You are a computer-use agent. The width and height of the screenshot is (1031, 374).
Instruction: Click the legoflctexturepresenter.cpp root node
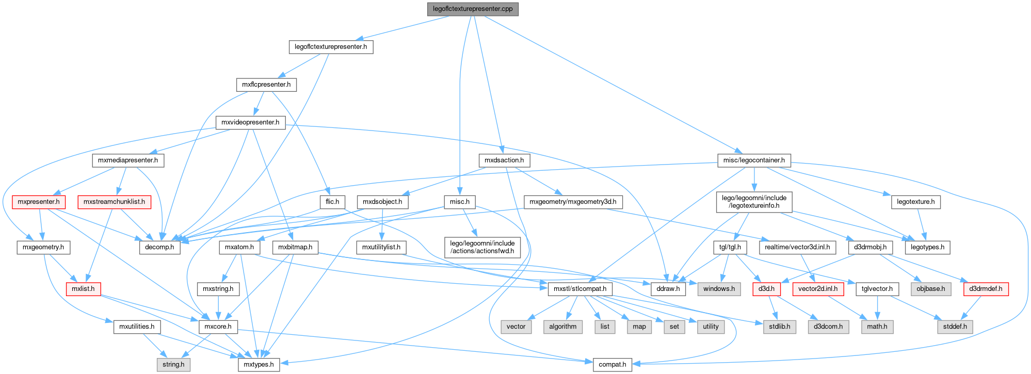(x=473, y=9)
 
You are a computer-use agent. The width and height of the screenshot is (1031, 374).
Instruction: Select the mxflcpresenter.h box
(x=266, y=85)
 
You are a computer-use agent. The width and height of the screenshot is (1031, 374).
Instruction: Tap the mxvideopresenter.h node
(x=250, y=123)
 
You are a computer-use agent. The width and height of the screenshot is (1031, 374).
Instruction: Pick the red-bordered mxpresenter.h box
(x=39, y=202)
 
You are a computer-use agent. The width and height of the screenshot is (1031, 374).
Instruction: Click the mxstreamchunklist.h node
(x=114, y=202)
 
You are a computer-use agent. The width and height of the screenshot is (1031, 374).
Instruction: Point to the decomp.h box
(x=159, y=247)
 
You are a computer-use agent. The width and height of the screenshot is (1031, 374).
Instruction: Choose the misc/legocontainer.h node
(x=754, y=160)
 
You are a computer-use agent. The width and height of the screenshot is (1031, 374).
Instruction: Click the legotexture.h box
(x=915, y=202)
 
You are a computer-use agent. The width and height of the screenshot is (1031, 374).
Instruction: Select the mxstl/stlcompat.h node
(x=580, y=289)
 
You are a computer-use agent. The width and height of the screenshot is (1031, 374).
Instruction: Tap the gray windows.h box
(x=719, y=289)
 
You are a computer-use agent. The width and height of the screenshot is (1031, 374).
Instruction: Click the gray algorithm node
(x=562, y=327)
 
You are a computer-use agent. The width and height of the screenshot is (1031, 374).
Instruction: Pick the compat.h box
(x=612, y=364)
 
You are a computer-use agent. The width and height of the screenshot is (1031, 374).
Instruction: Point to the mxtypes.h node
(x=259, y=364)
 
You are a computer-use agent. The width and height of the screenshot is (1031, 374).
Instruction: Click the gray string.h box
(x=173, y=364)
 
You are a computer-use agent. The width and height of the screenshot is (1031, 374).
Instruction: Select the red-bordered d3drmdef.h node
(x=986, y=289)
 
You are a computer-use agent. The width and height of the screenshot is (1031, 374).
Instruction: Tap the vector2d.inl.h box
(x=818, y=289)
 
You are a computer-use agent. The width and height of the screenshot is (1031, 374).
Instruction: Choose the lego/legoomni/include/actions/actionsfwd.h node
(x=482, y=247)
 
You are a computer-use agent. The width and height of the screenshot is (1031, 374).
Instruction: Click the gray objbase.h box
(x=930, y=289)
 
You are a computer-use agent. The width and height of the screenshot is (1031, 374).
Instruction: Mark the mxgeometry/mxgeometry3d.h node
(x=573, y=202)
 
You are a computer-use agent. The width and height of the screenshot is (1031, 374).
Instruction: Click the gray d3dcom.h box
(x=828, y=327)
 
